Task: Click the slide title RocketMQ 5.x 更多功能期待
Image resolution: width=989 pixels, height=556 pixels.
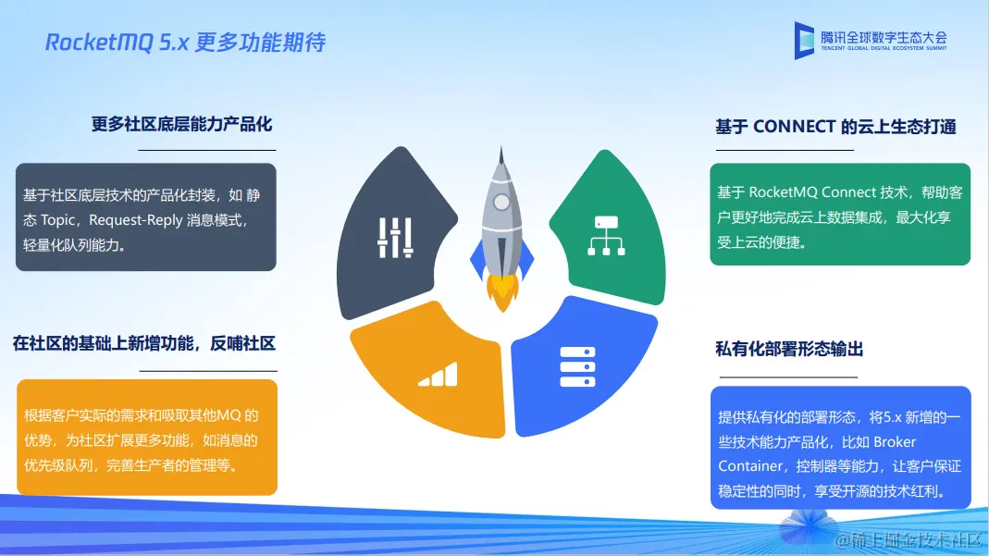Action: [x=185, y=43]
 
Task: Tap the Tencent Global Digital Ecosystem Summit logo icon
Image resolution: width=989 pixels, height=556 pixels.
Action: [x=804, y=41]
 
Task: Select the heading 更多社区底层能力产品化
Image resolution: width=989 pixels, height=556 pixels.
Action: [x=181, y=124]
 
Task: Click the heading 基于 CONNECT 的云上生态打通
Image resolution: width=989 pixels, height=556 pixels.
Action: [x=835, y=127]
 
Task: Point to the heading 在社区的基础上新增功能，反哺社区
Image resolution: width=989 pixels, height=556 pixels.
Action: [x=143, y=343]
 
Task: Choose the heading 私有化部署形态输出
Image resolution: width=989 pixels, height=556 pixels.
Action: [x=789, y=349]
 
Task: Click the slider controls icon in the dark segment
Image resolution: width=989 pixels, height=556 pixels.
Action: [x=395, y=238]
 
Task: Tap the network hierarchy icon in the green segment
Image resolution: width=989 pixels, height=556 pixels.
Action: [x=606, y=236]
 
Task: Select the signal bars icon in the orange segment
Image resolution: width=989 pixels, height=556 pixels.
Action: [x=438, y=375]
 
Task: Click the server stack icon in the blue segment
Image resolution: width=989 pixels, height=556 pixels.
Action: [x=577, y=367]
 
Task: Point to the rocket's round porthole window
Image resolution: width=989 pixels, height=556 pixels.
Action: [x=501, y=203]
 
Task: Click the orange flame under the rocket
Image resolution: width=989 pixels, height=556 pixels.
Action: [x=502, y=292]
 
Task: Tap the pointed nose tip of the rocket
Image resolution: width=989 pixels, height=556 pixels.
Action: [x=501, y=147]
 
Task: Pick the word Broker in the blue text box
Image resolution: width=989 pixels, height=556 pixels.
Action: [x=895, y=442]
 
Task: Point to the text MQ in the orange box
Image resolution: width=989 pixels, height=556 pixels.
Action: [x=229, y=415]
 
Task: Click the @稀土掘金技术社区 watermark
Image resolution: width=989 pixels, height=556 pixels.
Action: [x=909, y=540]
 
